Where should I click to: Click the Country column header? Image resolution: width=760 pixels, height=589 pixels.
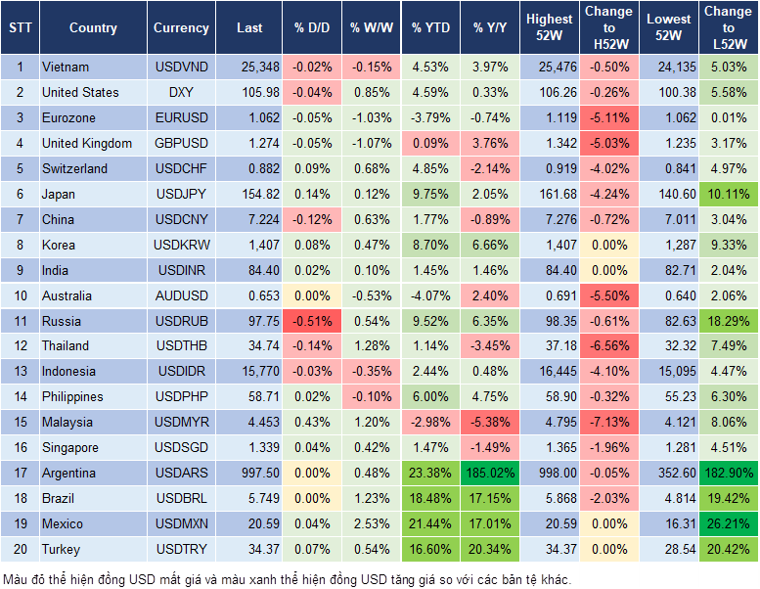point(93,28)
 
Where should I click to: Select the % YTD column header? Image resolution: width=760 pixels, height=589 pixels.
point(430,28)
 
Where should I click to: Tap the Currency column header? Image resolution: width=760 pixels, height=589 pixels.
point(181,28)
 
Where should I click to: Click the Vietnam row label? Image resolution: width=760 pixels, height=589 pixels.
point(66,68)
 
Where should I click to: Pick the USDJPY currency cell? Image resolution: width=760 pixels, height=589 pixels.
point(181,194)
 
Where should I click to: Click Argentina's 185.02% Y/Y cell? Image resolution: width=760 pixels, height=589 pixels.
point(492,474)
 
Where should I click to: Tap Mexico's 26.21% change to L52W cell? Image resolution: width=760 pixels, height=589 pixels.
point(728,524)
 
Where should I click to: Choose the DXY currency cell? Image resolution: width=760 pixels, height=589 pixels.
point(181,93)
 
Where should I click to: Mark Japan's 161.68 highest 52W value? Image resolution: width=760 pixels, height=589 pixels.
point(550,194)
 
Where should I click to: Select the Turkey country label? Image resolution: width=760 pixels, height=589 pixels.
point(62,550)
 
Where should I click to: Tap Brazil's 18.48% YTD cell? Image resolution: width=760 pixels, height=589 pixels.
point(430,499)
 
